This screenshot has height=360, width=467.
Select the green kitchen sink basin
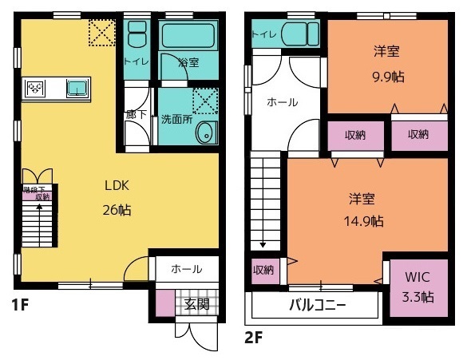pos(77,88)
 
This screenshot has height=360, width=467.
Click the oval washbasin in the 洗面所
pos(205,134)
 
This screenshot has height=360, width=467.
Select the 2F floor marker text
pos(253,337)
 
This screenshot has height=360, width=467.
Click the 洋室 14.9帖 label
pos(365,209)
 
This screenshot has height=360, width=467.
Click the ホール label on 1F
pos(187,270)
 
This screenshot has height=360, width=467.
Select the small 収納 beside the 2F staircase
pos(263,270)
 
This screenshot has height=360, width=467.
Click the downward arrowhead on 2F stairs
pos(262,245)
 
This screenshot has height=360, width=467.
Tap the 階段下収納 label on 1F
pos(36,192)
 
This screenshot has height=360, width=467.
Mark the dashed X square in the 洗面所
pos(206,102)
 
